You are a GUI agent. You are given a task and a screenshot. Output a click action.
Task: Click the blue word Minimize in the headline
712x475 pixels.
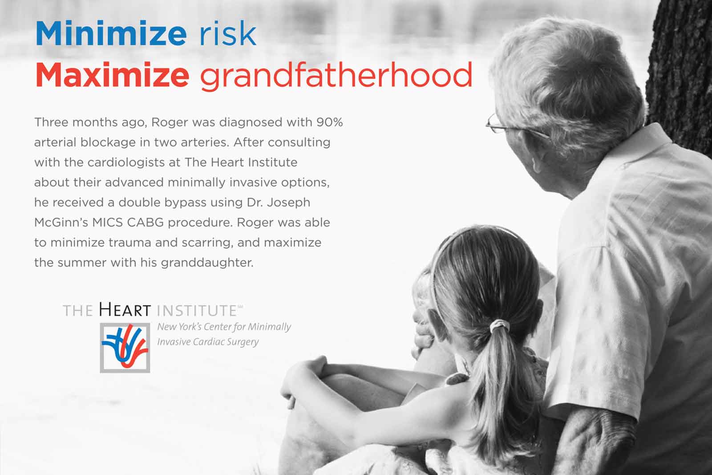111,33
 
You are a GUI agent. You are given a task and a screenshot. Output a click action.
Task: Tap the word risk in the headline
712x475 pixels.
227,33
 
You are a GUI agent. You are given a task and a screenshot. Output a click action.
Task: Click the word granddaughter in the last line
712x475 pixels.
207,263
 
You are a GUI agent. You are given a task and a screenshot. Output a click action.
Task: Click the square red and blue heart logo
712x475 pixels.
125,348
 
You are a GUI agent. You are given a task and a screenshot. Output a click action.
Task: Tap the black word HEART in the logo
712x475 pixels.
125,310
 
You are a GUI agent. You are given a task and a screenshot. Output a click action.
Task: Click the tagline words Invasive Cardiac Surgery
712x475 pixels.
208,342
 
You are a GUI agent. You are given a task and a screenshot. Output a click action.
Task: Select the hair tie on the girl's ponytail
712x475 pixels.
500,326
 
